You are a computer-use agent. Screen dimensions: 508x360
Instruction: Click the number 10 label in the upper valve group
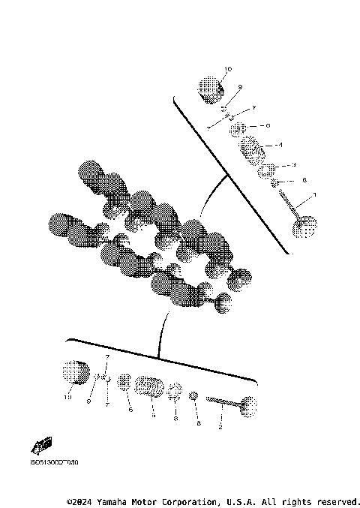tap(228, 69)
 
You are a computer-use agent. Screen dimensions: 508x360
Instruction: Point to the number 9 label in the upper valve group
tap(239, 88)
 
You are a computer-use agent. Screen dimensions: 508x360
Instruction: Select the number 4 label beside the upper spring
tap(279, 144)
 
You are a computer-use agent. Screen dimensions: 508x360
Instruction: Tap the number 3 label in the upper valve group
tap(294, 164)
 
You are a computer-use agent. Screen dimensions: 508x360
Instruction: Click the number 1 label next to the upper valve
tap(314, 195)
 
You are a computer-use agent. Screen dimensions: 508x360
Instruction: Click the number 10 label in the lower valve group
tap(67, 398)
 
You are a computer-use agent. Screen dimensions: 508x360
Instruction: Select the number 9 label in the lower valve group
tap(88, 403)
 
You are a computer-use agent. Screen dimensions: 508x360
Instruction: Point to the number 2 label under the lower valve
tap(218, 426)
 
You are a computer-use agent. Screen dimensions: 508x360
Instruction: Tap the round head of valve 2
tap(250, 405)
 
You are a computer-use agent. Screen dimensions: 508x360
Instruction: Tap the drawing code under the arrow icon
tap(53, 463)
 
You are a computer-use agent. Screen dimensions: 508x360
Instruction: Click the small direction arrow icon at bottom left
tap(41, 445)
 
